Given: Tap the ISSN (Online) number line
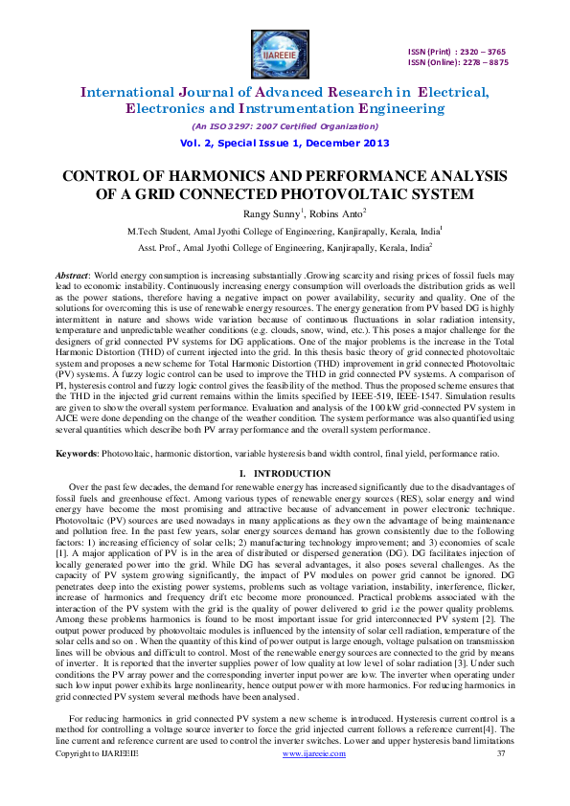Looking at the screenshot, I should [458, 63].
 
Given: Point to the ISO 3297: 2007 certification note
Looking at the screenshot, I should [285, 126].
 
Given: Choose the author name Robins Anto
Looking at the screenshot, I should [323, 213].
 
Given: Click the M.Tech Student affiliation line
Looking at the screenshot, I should [285, 231].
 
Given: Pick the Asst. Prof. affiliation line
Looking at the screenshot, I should [285, 247].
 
